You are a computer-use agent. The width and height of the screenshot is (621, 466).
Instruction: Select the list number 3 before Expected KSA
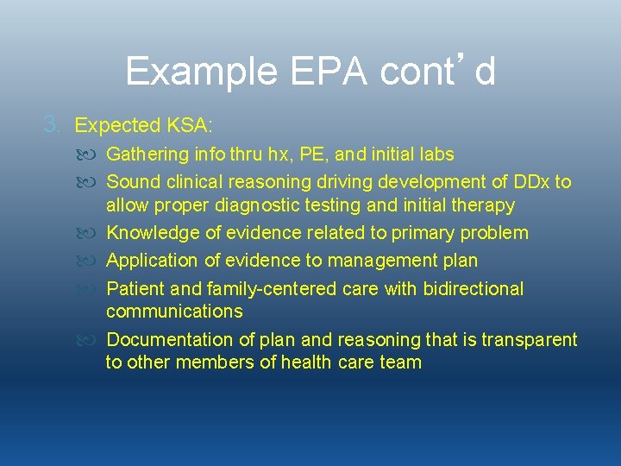point(53,125)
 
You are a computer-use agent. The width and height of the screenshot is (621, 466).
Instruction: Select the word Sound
point(130,182)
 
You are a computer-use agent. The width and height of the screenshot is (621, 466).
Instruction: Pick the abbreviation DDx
point(528,182)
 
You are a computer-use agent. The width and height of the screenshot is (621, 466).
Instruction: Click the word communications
point(174,312)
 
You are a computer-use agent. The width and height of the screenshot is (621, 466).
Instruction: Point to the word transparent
point(529,340)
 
